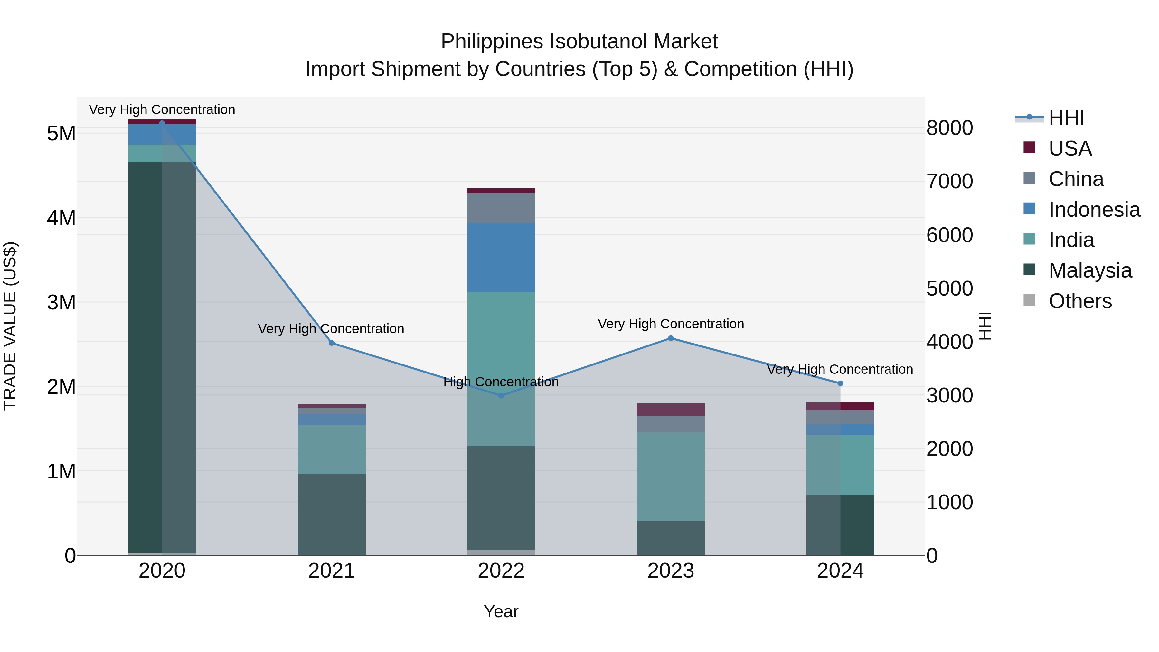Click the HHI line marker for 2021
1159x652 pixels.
point(332,343)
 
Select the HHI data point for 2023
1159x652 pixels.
point(670,338)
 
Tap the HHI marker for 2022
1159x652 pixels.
point(501,395)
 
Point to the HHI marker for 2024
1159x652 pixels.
point(840,383)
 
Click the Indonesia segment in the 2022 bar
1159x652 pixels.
point(501,257)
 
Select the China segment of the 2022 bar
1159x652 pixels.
point(501,207)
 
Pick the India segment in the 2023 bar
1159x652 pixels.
point(670,477)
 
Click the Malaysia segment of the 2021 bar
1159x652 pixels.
point(332,514)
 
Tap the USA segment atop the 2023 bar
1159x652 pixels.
point(670,410)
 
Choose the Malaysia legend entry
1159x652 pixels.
point(1090,270)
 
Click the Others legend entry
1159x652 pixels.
point(1080,301)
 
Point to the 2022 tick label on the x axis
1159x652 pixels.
point(501,571)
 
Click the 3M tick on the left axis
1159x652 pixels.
point(61,302)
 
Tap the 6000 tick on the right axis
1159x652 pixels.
point(949,235)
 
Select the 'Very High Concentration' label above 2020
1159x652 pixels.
point(162,109)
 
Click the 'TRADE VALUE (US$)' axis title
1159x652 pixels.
point(10,326)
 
